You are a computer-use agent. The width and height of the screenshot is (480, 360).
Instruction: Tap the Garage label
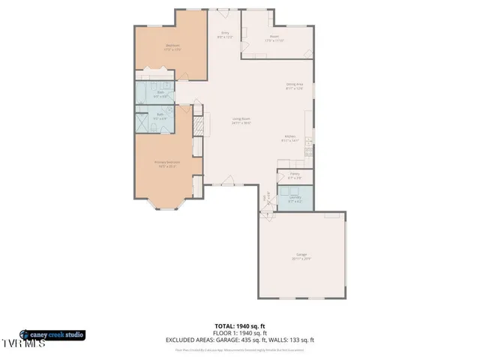[301, 256]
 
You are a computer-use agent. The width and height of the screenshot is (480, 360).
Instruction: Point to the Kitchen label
[289, 139]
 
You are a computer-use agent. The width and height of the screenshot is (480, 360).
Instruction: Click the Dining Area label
[294, 86]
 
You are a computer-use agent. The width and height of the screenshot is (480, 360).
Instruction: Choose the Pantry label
[294, 176]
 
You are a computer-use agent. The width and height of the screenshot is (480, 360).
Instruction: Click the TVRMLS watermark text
[22, 344]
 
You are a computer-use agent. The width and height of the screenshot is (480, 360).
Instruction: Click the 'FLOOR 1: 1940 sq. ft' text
[239, 333]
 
